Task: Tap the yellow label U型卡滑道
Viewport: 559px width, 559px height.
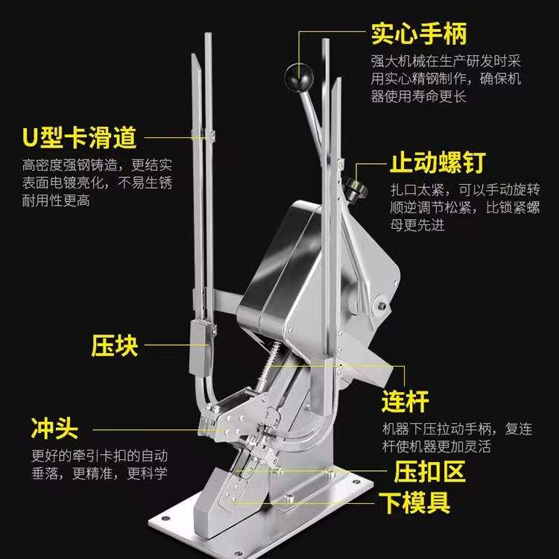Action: [78, 138]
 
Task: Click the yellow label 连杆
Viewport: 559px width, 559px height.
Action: [405, 402]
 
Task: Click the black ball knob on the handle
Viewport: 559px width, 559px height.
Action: [296, 75]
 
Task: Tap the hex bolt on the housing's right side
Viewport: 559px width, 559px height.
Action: [380, 305]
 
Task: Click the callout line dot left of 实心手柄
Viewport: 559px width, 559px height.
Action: [300, 34]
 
